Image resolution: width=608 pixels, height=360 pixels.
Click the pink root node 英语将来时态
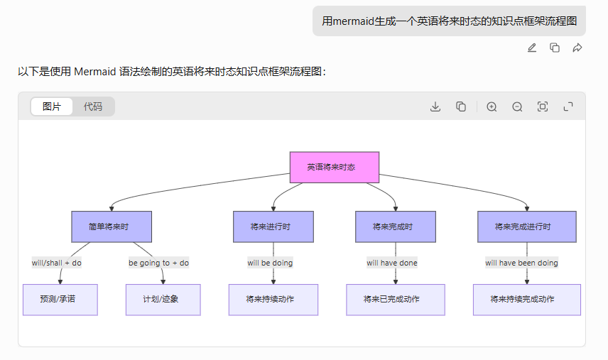coord(334,167)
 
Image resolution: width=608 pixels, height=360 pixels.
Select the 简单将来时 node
coord(111,227)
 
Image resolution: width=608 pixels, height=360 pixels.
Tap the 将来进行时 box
coord(273,227)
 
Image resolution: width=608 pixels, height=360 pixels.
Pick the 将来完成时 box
coord(395,227)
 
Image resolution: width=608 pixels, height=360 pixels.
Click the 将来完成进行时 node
coord(526,227)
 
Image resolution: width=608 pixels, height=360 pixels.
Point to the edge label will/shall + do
coord(57,263)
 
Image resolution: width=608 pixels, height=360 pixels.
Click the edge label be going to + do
coord(158,263)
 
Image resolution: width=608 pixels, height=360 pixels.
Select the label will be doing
coord(270,263)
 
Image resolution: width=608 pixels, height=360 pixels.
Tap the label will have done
coord(392,263)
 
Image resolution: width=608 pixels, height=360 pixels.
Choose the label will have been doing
coord(521,263)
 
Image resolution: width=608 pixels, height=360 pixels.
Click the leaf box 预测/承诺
coord(60,300)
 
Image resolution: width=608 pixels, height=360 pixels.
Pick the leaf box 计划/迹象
coord(163,300)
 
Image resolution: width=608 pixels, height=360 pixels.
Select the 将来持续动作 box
coord(273,300)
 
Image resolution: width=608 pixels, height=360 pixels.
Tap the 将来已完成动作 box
coord(395,300)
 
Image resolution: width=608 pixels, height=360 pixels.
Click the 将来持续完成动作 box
coord(526,300)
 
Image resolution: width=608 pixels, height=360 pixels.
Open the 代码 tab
coord(93,107)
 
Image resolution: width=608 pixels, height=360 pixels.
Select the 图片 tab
coord(52,107)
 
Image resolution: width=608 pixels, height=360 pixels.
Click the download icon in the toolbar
coord(436,107)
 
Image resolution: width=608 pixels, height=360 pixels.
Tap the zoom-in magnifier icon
coord(492,107)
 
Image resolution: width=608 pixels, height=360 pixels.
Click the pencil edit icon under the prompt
coord(532,48)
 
